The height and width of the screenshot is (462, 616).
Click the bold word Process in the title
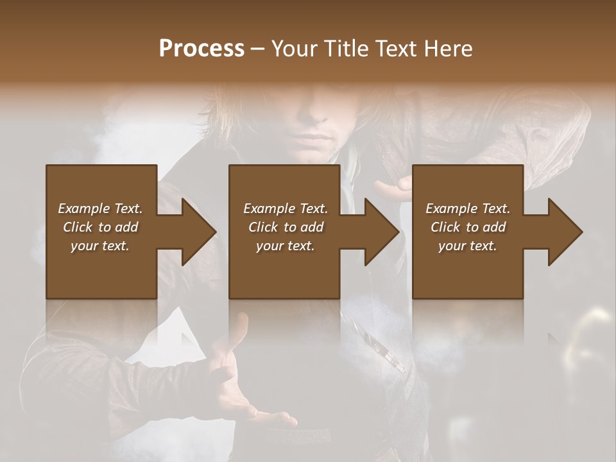[x=201, y=49]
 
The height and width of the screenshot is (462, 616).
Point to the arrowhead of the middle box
[x=381, y=232]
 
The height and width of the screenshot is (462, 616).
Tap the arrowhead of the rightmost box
[x=565, y=232]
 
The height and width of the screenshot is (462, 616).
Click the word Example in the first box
[x=80, y=209]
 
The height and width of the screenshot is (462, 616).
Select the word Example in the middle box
[x=266, y=209]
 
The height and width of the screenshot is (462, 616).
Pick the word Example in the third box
[x=448, y=209]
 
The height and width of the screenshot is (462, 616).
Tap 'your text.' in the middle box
[x=285, y=246]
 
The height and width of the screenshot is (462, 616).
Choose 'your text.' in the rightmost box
[x=467, y=246]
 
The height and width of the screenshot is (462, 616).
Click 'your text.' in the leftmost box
[x=99, y=246]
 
